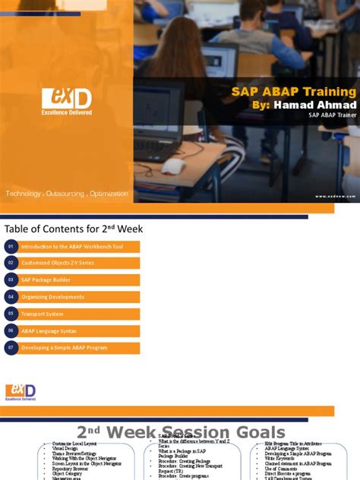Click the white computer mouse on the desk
coord(174,166)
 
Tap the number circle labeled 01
coord(11,247)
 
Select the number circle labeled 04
coord(11,297)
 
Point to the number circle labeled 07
coord(11,348)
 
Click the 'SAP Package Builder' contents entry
coord(46,280)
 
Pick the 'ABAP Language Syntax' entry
coord(50,331)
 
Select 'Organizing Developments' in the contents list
coord(52,297)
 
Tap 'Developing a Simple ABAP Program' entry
coord(64,348)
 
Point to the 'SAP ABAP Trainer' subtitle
coord(331,116)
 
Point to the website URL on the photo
coord(336,196)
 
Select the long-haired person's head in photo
coord(182,36)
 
